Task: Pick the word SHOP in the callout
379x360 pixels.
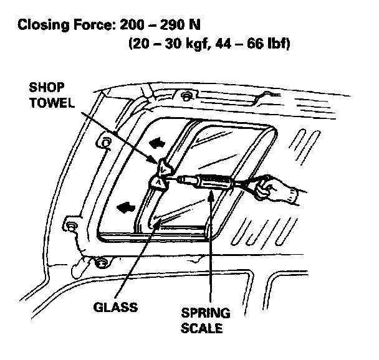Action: (47, 88)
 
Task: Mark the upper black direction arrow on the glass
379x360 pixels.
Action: (156, 143)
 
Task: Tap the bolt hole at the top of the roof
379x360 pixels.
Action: (185, 97)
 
